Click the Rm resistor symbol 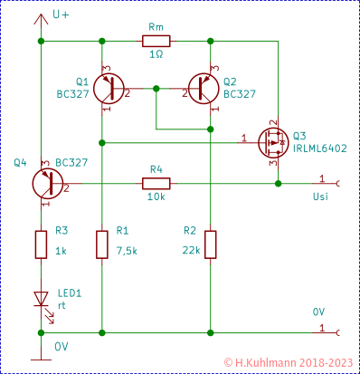[156, 41]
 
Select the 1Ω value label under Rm [156, 56]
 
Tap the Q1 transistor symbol [109, 88]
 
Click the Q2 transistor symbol [203, 88]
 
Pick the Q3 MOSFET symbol [271, 140]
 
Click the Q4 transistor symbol [45, 183]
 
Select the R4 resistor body [156, 183]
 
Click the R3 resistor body [41, 244]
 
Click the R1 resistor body [101, 244]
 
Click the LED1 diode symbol [41, 298]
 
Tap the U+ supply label [62, 15]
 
